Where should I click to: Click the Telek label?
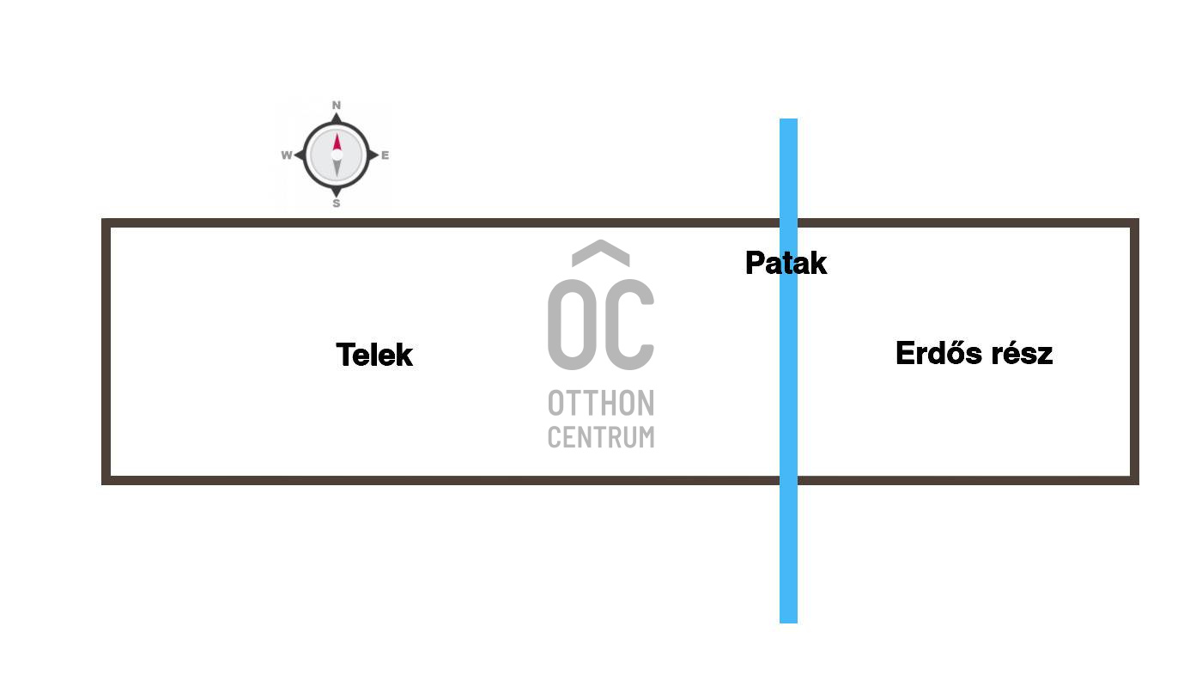(374, 355)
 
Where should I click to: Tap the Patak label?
(786, 263)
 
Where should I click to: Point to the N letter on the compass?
(337, 106)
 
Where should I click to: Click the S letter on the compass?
(337, 204)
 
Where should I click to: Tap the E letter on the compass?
(385, 155)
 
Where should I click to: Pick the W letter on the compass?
(286, 155)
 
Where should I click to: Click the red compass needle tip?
(337, 137)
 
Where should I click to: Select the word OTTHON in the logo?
(601, 403)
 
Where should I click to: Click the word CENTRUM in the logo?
(601, 436)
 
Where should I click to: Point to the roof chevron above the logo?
(601, 252)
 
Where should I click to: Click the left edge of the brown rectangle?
(106, 352)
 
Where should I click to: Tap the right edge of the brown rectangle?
(1134, 352)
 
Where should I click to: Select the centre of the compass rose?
(337, 155)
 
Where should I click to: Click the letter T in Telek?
(345, 355)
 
